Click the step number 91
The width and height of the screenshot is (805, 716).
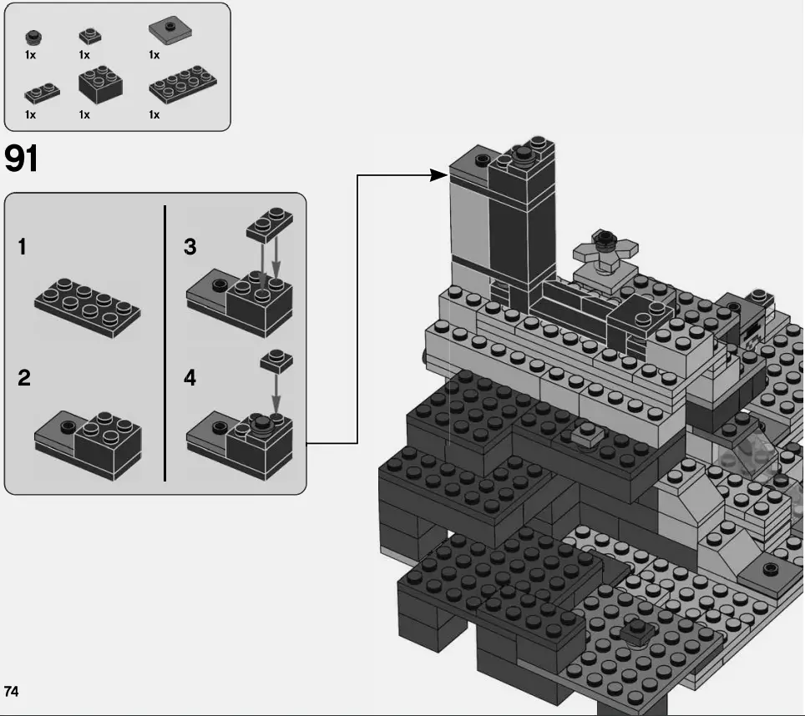click(x=23, y=159)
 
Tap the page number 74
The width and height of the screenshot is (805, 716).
click(x=12, y=691)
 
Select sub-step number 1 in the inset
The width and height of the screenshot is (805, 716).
click(x=23, y=247)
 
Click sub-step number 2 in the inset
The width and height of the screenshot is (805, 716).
click(x=24, y=378)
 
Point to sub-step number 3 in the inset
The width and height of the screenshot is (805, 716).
click(x=190, y=247)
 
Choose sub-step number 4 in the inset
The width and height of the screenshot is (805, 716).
click(x=190, y=378)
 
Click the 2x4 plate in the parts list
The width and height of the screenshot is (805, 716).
click(x=182, y=86)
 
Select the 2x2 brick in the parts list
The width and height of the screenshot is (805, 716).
click(x=101, y=84)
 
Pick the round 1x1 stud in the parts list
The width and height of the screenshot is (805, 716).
click(x=33, y=37)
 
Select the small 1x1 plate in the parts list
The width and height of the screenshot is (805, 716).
click(x=90, y=36)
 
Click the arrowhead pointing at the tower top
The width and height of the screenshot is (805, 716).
click(x=439, y=175)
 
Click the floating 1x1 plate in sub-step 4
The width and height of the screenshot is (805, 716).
click(x=276, y=361)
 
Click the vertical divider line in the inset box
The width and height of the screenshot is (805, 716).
click(x=165, y=342)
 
